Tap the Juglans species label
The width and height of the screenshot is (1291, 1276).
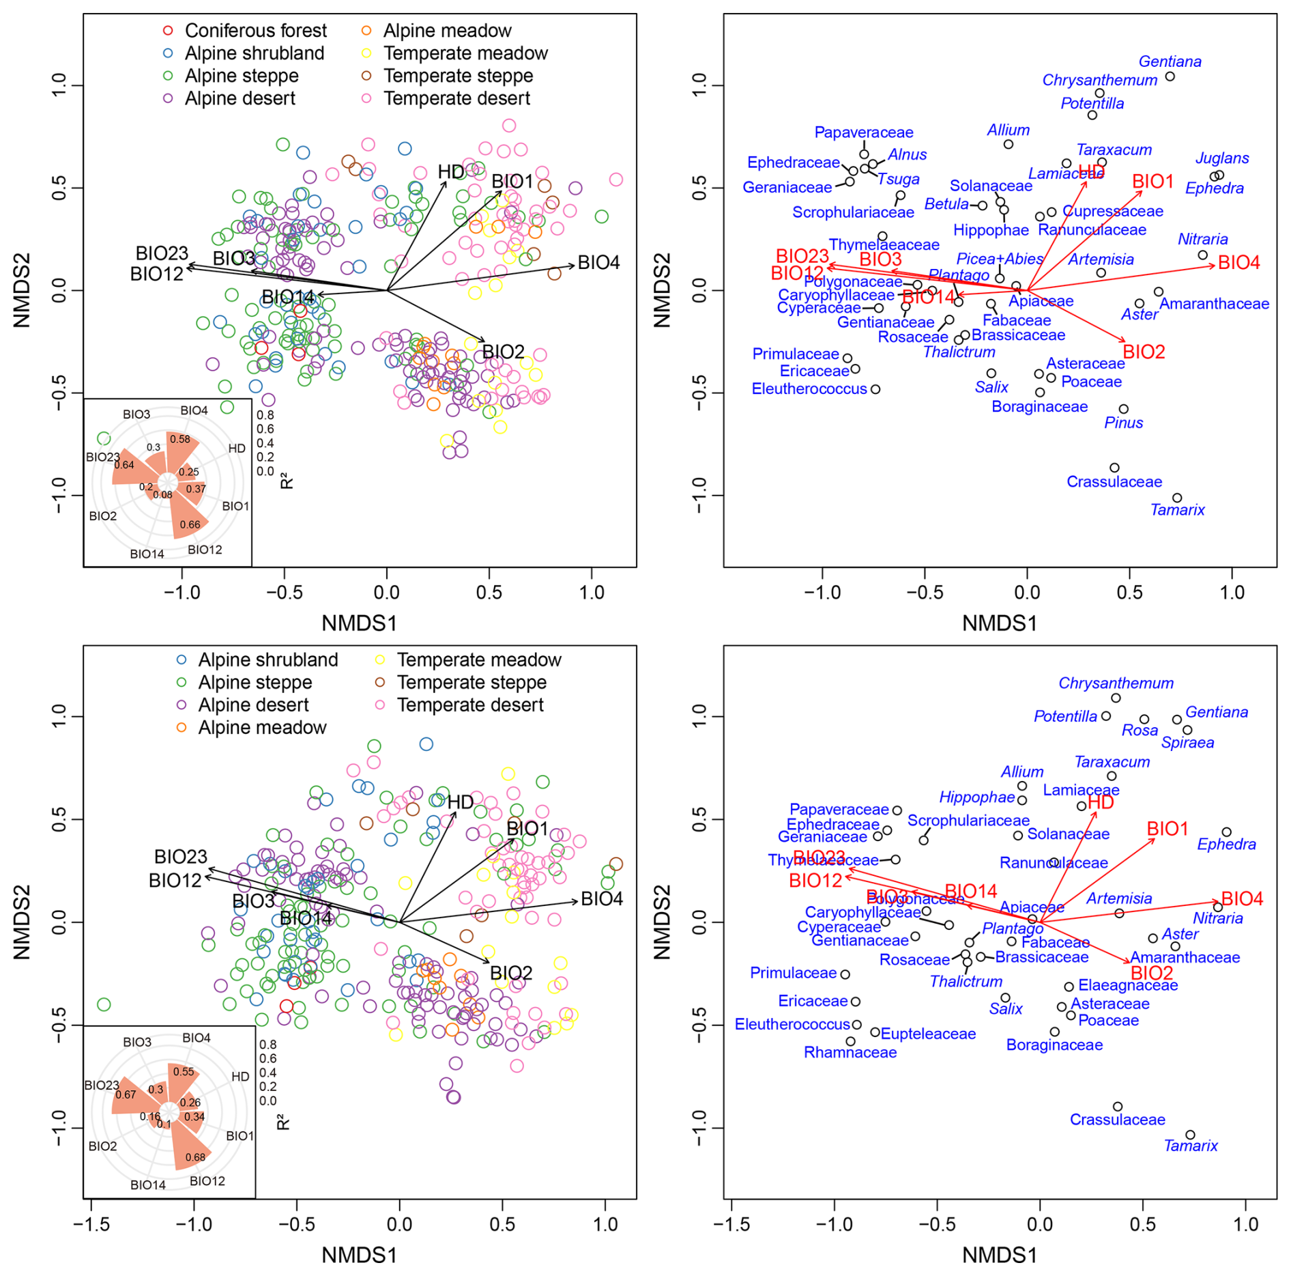click(x=1221, y=158)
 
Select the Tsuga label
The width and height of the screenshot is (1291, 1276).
click(x=898, y=180)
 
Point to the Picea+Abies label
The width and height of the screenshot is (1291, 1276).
click(x=999, y=259)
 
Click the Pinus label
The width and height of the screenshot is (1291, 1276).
click(x=1123, y=423)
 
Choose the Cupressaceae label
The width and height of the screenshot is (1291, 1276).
click(x=1113, y=212)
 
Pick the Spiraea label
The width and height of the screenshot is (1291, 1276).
click(x=1187, y=743)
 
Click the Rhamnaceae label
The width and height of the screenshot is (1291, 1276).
click(x=850, y=1052)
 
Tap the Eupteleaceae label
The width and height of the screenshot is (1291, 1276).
click(x=928, y=1034)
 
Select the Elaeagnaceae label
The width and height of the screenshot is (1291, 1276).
click(x=1128, y=985)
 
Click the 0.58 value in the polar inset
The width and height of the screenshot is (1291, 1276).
click(x=180, y=439)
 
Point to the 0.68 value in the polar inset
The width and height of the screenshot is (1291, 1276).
click(x=195, y=1157)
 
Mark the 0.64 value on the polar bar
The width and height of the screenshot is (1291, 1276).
click(x=124, y=465)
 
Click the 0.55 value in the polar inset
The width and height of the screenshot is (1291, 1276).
click(x=184, y=1072)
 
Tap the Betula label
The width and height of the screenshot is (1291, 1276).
click(x=946, y=204)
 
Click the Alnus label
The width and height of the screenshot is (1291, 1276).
click(x=907, y=155)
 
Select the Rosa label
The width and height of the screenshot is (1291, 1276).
click(x=1140, y=731)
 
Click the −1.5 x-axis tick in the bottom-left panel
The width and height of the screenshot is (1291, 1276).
click(x=91, y=1224)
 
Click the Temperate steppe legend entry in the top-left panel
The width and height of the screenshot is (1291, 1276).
click(x=458, y=76)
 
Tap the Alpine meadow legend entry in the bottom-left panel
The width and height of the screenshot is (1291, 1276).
click(x=262, y=728)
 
